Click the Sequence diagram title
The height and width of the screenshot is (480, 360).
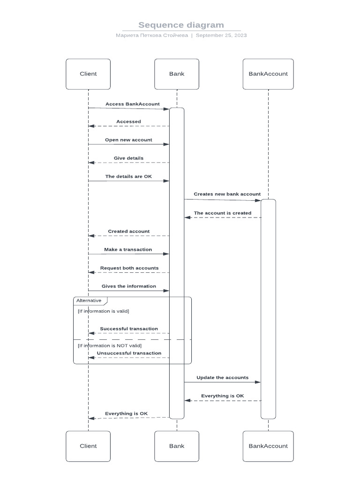tap(181, 25)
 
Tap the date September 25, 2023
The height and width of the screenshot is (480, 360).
tap(221, 35)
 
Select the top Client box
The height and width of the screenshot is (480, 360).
tap(88, 74)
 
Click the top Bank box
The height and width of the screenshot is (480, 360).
tap(177, 74)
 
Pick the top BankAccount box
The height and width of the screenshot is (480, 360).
tap(268, 74)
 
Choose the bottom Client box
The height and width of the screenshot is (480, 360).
tap(88, 446)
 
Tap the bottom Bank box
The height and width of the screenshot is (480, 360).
tap(177, 446)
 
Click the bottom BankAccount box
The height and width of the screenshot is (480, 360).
tap(268, 446)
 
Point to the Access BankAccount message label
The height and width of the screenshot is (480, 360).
tap(132, 104)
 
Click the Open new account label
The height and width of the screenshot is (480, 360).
tap(128, 140)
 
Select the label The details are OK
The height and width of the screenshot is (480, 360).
tap(128, 177)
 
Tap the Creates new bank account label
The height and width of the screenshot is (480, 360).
tap(227, 194)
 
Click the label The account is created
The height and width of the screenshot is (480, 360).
tap(223, 213)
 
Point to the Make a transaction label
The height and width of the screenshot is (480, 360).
tap(128, 249)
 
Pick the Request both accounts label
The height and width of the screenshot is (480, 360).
tap(129, 268)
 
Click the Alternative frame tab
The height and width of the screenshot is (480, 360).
tap(89, 300)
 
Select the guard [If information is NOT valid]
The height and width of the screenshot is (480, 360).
tap(110, 345)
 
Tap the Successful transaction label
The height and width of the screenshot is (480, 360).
tap(129, 329)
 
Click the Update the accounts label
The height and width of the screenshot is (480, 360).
tap(223, 377)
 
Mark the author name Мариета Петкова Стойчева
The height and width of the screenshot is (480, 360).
tap(152, 35)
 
